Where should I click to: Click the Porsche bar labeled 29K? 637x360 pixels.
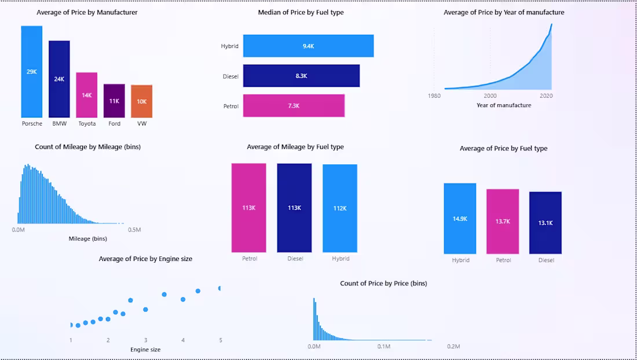tap(31, 72)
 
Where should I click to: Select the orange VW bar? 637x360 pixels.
tap(141, 101)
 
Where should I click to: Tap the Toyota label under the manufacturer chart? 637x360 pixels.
tap(87, 124)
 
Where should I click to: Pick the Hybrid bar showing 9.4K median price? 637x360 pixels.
tap(308, 46)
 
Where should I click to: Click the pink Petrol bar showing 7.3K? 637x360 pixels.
tap(294, 106)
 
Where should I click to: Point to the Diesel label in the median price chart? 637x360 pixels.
tap(230, 76)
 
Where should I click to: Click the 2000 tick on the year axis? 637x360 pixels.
tap(490, 96)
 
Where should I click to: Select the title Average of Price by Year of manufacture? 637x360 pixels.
tap(504, 12)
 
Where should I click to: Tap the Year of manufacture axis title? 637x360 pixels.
tap(503, 105)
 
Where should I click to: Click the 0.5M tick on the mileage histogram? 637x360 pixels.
tap(134, 230)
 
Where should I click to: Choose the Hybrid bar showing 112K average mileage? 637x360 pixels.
tap(340, 208)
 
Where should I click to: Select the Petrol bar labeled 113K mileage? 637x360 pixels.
tap(248, 208)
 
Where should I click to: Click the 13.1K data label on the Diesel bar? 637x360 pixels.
tap(545, 223)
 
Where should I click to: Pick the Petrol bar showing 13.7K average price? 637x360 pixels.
tap(503, 221)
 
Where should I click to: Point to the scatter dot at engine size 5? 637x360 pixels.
tap(220, 288)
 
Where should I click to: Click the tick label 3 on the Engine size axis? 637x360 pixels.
tap(145, 340)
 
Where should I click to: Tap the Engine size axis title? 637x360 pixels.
tap(145, 350)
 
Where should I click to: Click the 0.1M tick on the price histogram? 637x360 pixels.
tap(384, 346)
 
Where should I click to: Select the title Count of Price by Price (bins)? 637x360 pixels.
tap(383, 284)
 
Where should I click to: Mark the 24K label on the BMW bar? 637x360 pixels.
tap(59, 79)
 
